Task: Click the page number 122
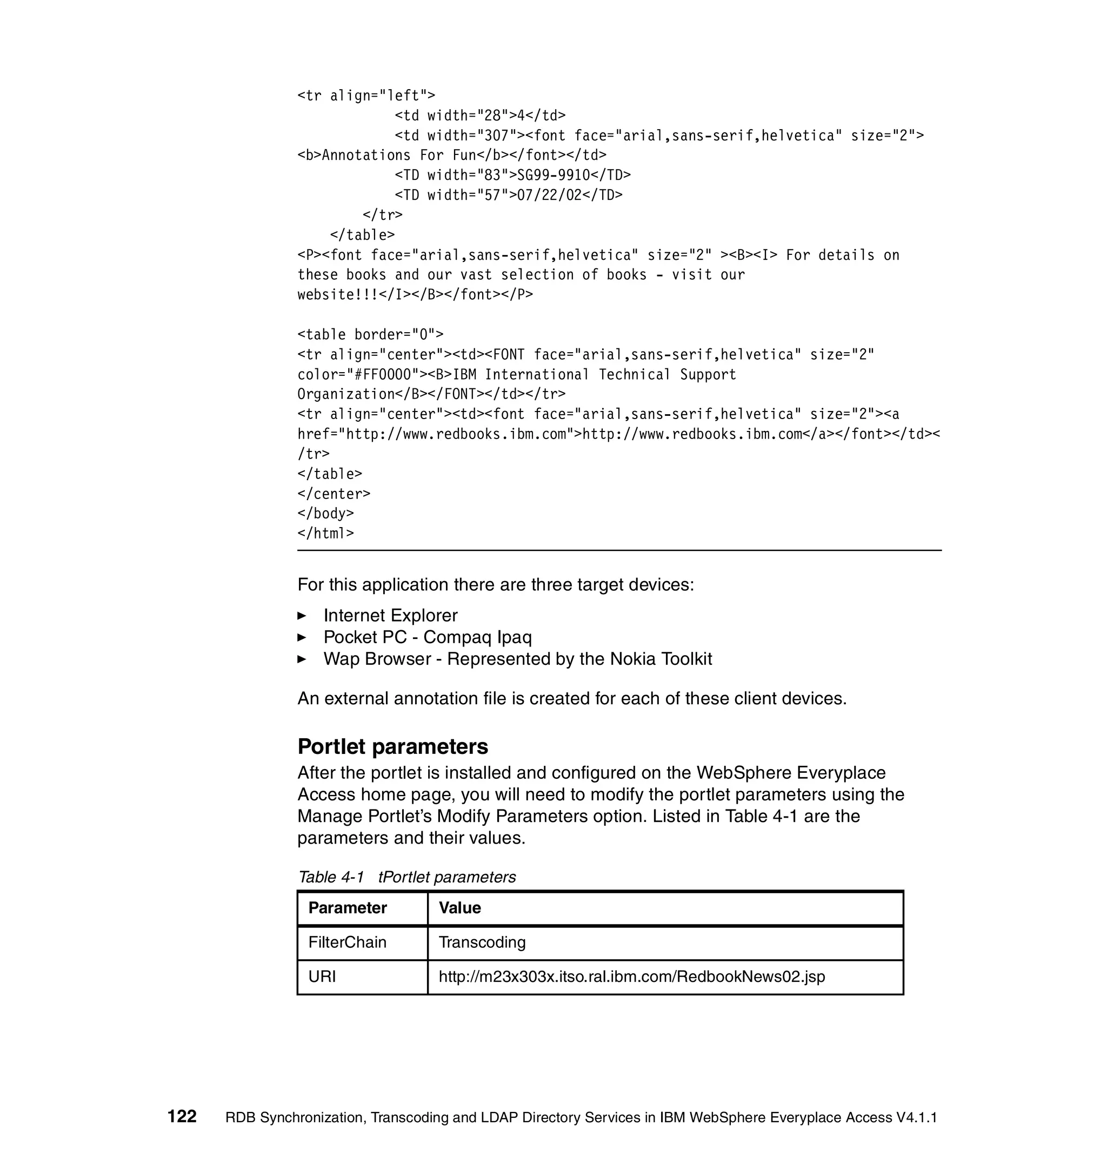point(182,1117)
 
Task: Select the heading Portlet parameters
point(392,747)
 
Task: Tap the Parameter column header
point(347,908)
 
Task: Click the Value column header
point(459,908)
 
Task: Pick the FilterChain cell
point(347,942)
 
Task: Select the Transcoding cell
point(482,942)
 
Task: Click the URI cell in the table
point(322,976)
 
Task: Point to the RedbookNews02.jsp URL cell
point(631,976)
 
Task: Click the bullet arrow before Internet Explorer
point(302,616)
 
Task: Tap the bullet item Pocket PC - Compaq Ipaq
point(428,637)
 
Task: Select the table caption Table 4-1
point(331,878)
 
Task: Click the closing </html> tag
point(325,534)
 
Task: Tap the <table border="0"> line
point(370,334)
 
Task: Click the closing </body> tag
point(325,514)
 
